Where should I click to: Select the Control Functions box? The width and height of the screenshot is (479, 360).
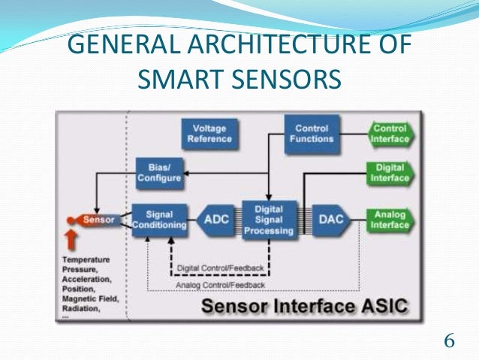[x=312, y=135]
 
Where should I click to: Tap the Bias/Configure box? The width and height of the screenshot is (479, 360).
[x=158, y=173]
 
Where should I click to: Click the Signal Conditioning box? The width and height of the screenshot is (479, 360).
[x=159, y=219]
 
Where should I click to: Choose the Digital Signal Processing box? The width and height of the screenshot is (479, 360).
[x=268, y=219]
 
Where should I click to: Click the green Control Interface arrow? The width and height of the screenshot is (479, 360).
[x=390, y=134]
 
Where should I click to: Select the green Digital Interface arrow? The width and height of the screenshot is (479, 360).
[x=390, y=174]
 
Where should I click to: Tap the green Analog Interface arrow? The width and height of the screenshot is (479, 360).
[x=390, y=219]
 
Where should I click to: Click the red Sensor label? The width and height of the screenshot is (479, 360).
[x=98, y=219]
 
